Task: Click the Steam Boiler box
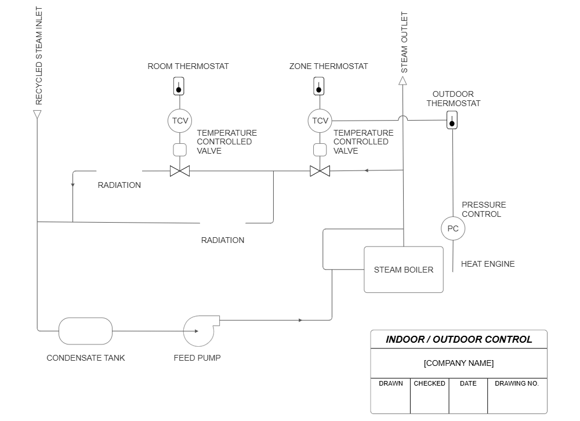coord(403,270)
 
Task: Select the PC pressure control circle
coord(453,228)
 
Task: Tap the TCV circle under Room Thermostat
coord(180,121)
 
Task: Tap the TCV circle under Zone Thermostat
coord(320,121)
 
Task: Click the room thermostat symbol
coord(180,86)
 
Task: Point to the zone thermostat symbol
coord(319,86)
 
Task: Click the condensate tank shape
coord(85,331)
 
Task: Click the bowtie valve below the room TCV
coord(180,171)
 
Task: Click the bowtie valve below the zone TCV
coord(320,171)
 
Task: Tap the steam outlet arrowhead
coord(403,81)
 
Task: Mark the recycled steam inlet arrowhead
coord(37,114)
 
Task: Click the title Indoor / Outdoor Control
coord(459,340)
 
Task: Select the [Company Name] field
coord(459,363)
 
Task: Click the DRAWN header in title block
coord(391,383)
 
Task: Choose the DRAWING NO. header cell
coord(516,383)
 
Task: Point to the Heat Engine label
coord(487,264)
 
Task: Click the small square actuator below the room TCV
coord(180,150)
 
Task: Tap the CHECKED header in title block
coord(429,383)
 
